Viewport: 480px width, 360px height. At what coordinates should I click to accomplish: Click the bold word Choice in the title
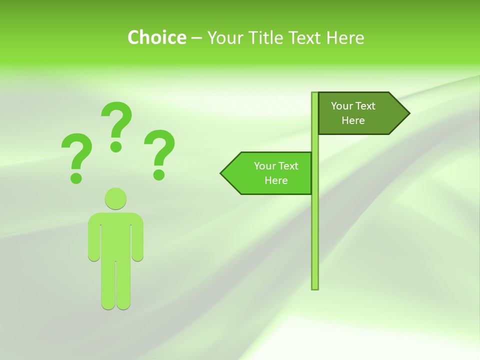156,37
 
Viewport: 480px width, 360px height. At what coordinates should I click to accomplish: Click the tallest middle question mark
117,120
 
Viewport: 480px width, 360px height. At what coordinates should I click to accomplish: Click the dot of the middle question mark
116,146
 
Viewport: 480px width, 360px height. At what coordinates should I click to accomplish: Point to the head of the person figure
115,198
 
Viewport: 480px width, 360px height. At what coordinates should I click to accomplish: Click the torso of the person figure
115,235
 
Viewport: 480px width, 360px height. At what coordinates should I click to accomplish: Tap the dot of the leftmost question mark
76,177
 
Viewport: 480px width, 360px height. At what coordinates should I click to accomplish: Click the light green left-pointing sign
270,173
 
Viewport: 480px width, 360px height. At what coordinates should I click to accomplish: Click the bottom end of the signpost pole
315,287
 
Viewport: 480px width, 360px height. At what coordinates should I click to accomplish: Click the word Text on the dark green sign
365,106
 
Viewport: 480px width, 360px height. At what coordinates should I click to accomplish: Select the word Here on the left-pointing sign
276,180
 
